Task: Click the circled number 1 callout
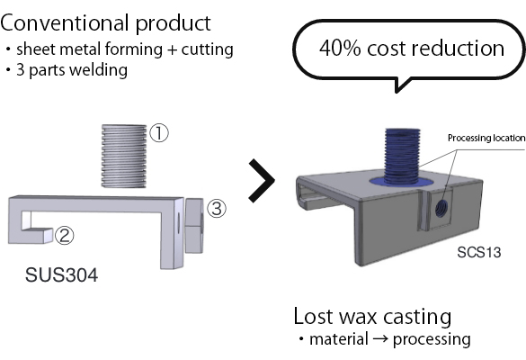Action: pyautogui.click(x=158, y=132)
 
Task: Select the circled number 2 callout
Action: pyautogui.click(x=64, y=235)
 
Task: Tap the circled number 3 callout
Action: pyautogui.click(x=217, y=208)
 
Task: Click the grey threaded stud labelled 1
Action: pyautogui.click(x=124, y=156)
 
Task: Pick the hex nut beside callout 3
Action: pyautogui.click(x=194, y=226)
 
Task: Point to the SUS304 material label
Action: pyautogui.click(x=62, y=275)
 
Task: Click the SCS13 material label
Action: pyautogui.click(x=479, y=252)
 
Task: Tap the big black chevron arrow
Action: pyautogui.click(x=262, y=181)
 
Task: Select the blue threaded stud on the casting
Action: pyautogui.click(x=402, y=157)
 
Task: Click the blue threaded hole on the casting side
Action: pyautogui.click(x=441, y=209)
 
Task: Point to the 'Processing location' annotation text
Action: pyautogui.click(x=486, y=138)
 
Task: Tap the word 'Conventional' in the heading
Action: pyautogui.click(x=65, y=22)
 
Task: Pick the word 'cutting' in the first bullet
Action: pyautogui.click(x=208, y=49)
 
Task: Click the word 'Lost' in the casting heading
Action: pyautogui.click(x=313, y=316)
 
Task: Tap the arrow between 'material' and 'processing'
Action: pyautogui.click(x=380, y=339)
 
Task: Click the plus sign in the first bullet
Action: pyautogui.click(x=172, y=50)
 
